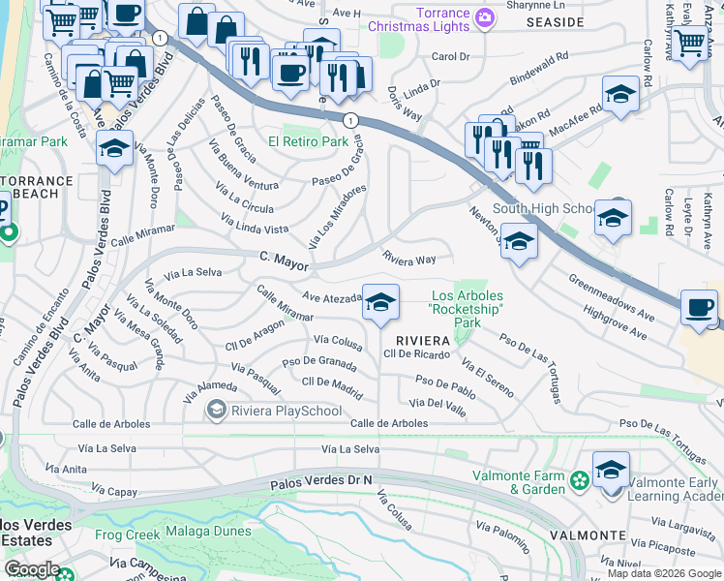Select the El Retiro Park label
tap(308, 141)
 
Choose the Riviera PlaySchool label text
tap(287, 411)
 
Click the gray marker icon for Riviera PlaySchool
tap(217, 411)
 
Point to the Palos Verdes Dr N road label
tap(323, 478)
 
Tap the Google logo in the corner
tap(32, 569)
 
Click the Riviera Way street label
tap(408, 260)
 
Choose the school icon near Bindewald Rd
tap(620, 94)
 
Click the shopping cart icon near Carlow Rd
tap(689, 41)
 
